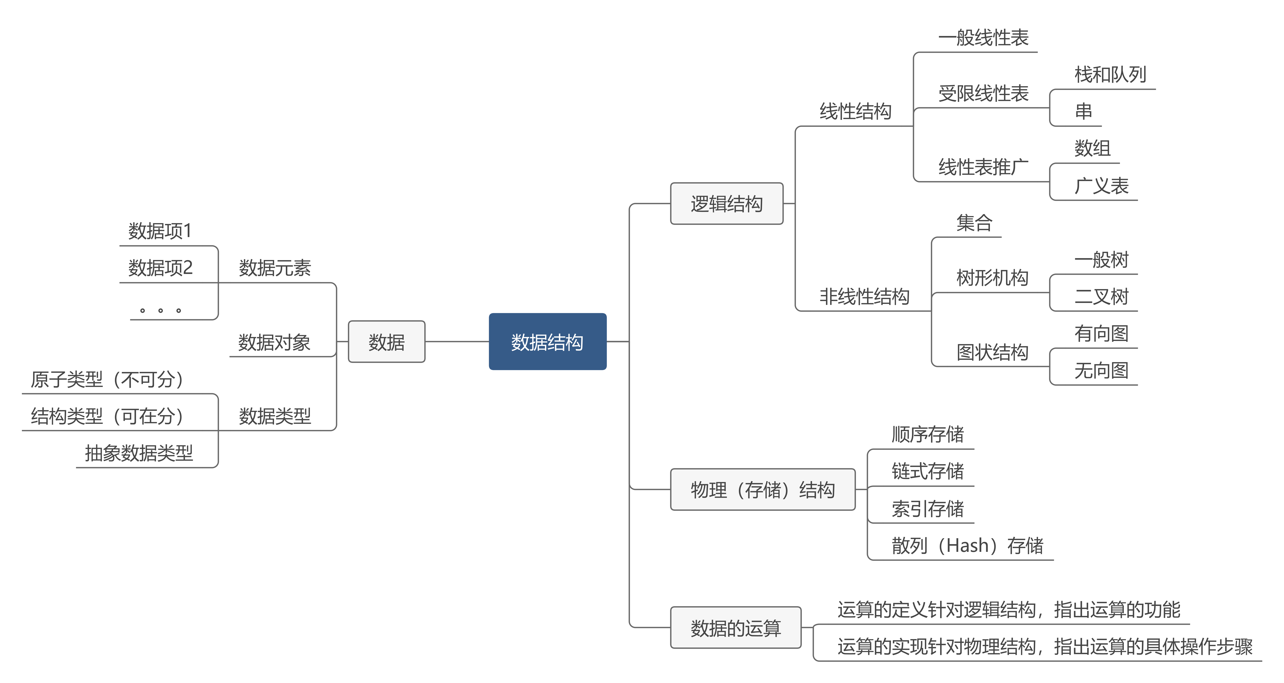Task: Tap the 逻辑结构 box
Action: [727, 204]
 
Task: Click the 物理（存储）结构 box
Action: [763, 490]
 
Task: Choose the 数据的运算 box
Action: [736, 628]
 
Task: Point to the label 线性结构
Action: [855, 111]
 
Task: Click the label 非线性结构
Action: [864, 296]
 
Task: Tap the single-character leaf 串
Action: [1084, 111]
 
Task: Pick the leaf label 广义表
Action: [1102, 186]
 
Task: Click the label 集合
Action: [974, 223]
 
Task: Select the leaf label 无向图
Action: [1102, 371]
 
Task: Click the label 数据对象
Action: [274, 342]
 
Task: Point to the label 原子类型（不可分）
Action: [107, 380]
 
